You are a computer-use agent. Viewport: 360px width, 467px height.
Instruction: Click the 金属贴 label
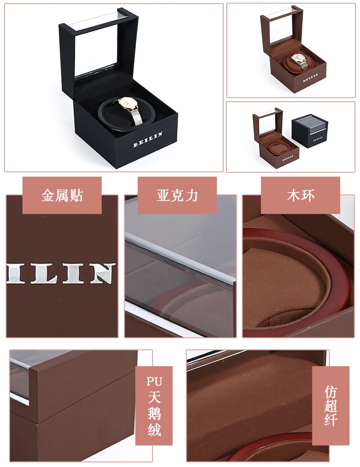pos(62,195)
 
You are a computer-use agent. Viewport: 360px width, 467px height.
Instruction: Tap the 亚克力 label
pos(177,195)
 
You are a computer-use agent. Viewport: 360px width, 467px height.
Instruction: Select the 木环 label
pos(301,195)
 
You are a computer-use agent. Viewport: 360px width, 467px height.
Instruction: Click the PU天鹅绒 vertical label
pos(154,406)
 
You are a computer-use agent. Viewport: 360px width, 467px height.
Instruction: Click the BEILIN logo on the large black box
pos(148,139)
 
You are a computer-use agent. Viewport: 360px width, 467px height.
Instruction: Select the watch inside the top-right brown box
pos(299,61)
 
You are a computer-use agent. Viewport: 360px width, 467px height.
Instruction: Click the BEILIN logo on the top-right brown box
pos(310,77)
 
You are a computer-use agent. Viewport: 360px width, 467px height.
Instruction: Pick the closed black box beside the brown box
pos(310,130)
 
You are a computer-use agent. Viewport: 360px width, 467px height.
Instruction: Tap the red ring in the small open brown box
pos(277,148)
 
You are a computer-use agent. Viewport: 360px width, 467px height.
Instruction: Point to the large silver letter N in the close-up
pos(102,273)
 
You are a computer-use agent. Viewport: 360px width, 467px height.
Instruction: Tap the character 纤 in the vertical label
pos(331,419)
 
